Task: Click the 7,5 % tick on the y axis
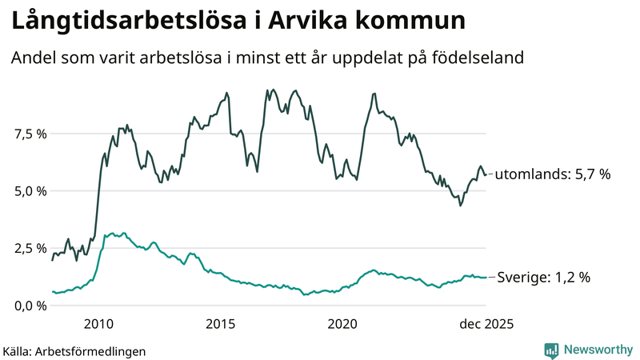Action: pos(29,134)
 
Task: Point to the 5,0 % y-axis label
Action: pos(29,191)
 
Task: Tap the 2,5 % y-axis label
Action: pos(29,248)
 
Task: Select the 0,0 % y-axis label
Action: pos(29,306)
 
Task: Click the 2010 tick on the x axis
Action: pos(98,324)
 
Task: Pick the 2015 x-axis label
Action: pos(220,324)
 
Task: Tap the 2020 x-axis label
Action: pos(342,324)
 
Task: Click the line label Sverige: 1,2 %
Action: pos(544,278)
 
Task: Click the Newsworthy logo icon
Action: pos(551,350)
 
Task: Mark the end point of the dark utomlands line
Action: pos(486,174)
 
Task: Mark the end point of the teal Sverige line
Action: pos(486,278)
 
